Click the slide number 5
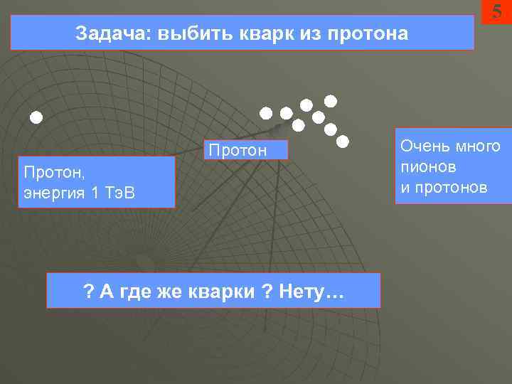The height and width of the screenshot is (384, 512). [496, 11]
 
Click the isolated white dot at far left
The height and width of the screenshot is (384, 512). [36, 116]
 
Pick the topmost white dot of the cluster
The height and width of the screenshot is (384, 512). [331, 100]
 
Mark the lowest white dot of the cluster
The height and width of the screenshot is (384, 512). [342, 141]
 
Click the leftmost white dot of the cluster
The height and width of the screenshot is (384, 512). [265, 112]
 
